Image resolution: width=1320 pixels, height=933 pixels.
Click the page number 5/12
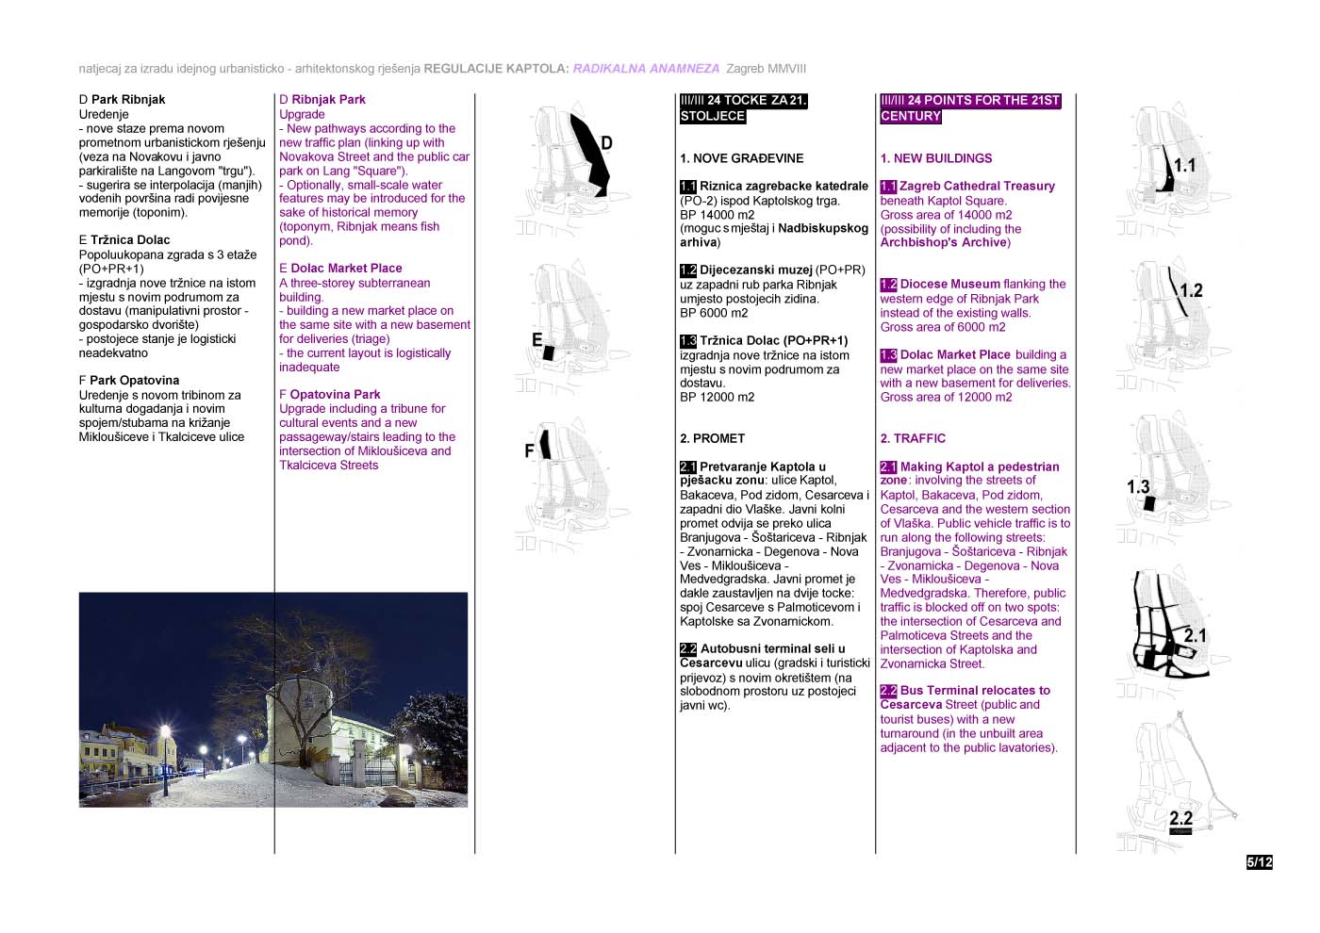[x=1259, y=862]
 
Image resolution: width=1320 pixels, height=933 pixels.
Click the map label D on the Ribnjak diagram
[x=606, y=143]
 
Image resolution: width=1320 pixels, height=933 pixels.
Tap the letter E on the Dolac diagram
[x=536, y=340]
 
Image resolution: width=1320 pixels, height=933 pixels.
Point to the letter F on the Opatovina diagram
[x=529, y=450]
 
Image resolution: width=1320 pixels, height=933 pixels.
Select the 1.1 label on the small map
[x=1184, y=166]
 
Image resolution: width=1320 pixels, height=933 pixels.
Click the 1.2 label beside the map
[x=1192, y=290]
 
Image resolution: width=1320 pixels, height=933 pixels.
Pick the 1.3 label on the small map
[x=1138, y=487]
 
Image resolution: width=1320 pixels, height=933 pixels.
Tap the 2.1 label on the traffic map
[x=1196, y=635]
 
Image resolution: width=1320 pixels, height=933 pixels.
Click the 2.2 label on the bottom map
[x=1180, y=819]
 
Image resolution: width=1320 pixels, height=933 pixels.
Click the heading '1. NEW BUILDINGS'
[x=935, y=158]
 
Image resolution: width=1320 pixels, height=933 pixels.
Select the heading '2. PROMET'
[x=712, y=438]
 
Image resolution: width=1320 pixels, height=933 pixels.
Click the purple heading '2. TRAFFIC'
[x=912, y=438]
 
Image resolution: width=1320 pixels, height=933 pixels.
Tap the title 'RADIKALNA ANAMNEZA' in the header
[x=646, y=69]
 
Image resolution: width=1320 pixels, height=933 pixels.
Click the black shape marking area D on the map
[x=591, y=152]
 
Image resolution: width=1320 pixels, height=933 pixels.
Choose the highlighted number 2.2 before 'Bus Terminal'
[x=888, y=691]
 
